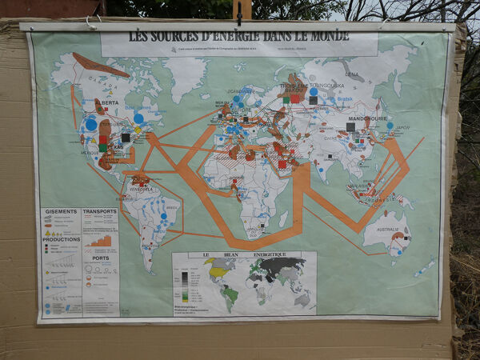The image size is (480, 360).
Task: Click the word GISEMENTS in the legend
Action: (x=61, y=212)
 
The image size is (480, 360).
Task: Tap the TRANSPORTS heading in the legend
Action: (x=99, y=211)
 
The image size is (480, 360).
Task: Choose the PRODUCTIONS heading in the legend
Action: (x=61, y=238)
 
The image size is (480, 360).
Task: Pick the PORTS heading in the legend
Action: (x=99, y=258)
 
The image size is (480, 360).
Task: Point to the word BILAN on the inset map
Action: (x=238, y=256)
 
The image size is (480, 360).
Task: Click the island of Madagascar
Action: (x=282, y=218)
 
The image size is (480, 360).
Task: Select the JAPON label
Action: (x=402, y=127)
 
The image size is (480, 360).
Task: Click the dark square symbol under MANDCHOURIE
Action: (x=350, y=126)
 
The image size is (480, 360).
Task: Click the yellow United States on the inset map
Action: (x=218, y=272)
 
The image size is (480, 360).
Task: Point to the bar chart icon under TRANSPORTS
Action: (x=101, y=240)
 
